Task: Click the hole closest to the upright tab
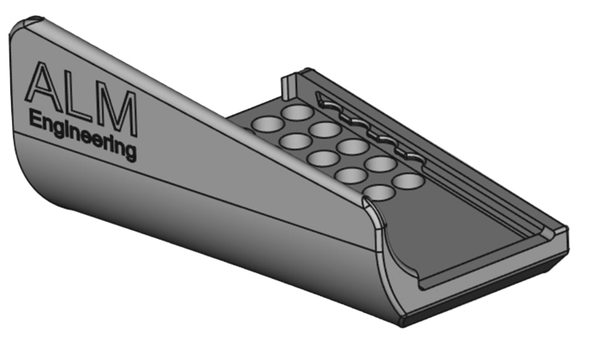click(x=298, y=112)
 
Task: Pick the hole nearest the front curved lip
click(x=380, y=192)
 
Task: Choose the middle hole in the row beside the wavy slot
click(x=353, y=147)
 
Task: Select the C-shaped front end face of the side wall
click(x=393, y=260)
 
